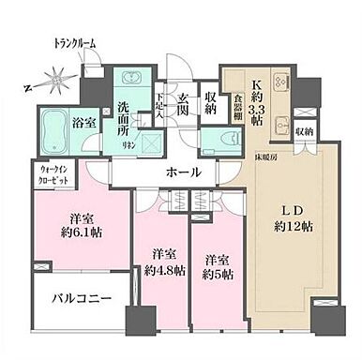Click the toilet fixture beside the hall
[x=217, y=144]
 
